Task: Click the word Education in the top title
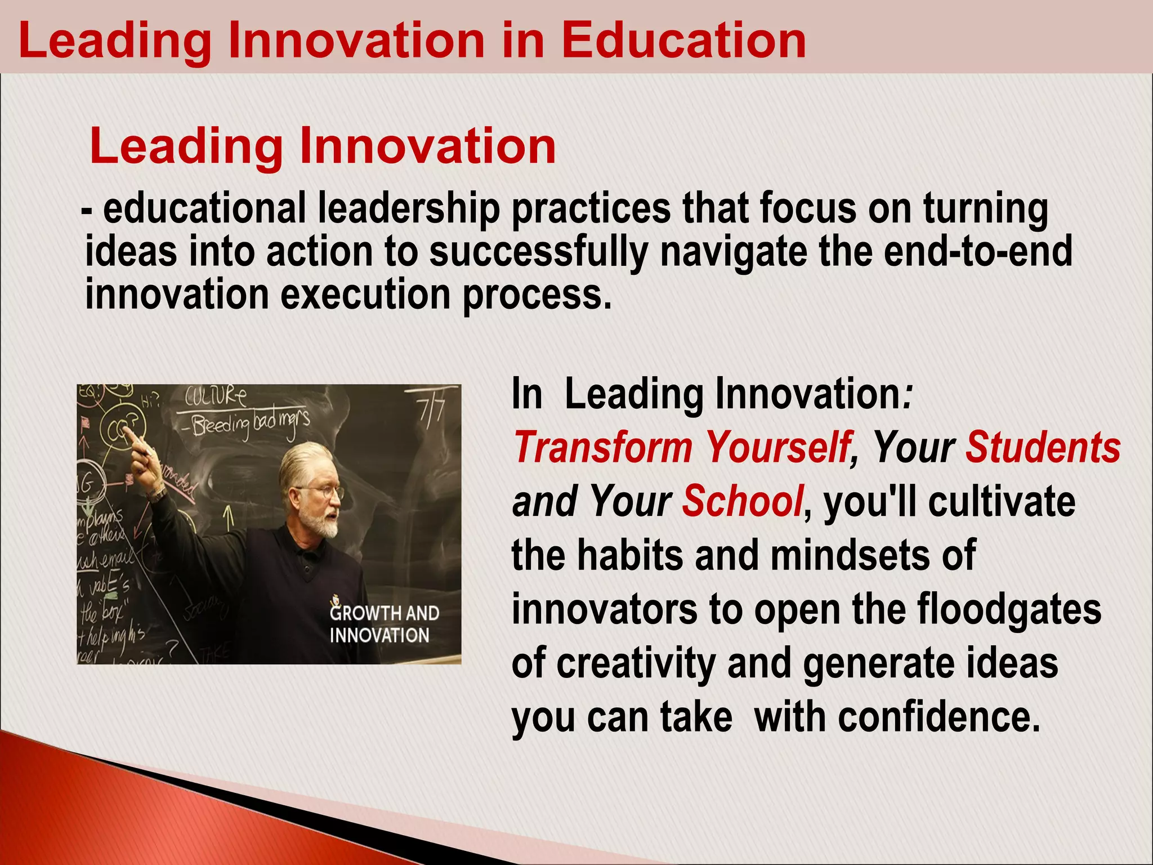(683, 41)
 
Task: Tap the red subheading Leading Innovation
(323, 146)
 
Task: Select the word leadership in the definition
(409, 209)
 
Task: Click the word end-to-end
(978, 252)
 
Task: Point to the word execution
(365, 295)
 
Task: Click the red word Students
(1043, 447)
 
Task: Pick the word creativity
(636, 663)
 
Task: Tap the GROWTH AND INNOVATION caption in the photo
(384, 624)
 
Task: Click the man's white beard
(321, 524)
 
